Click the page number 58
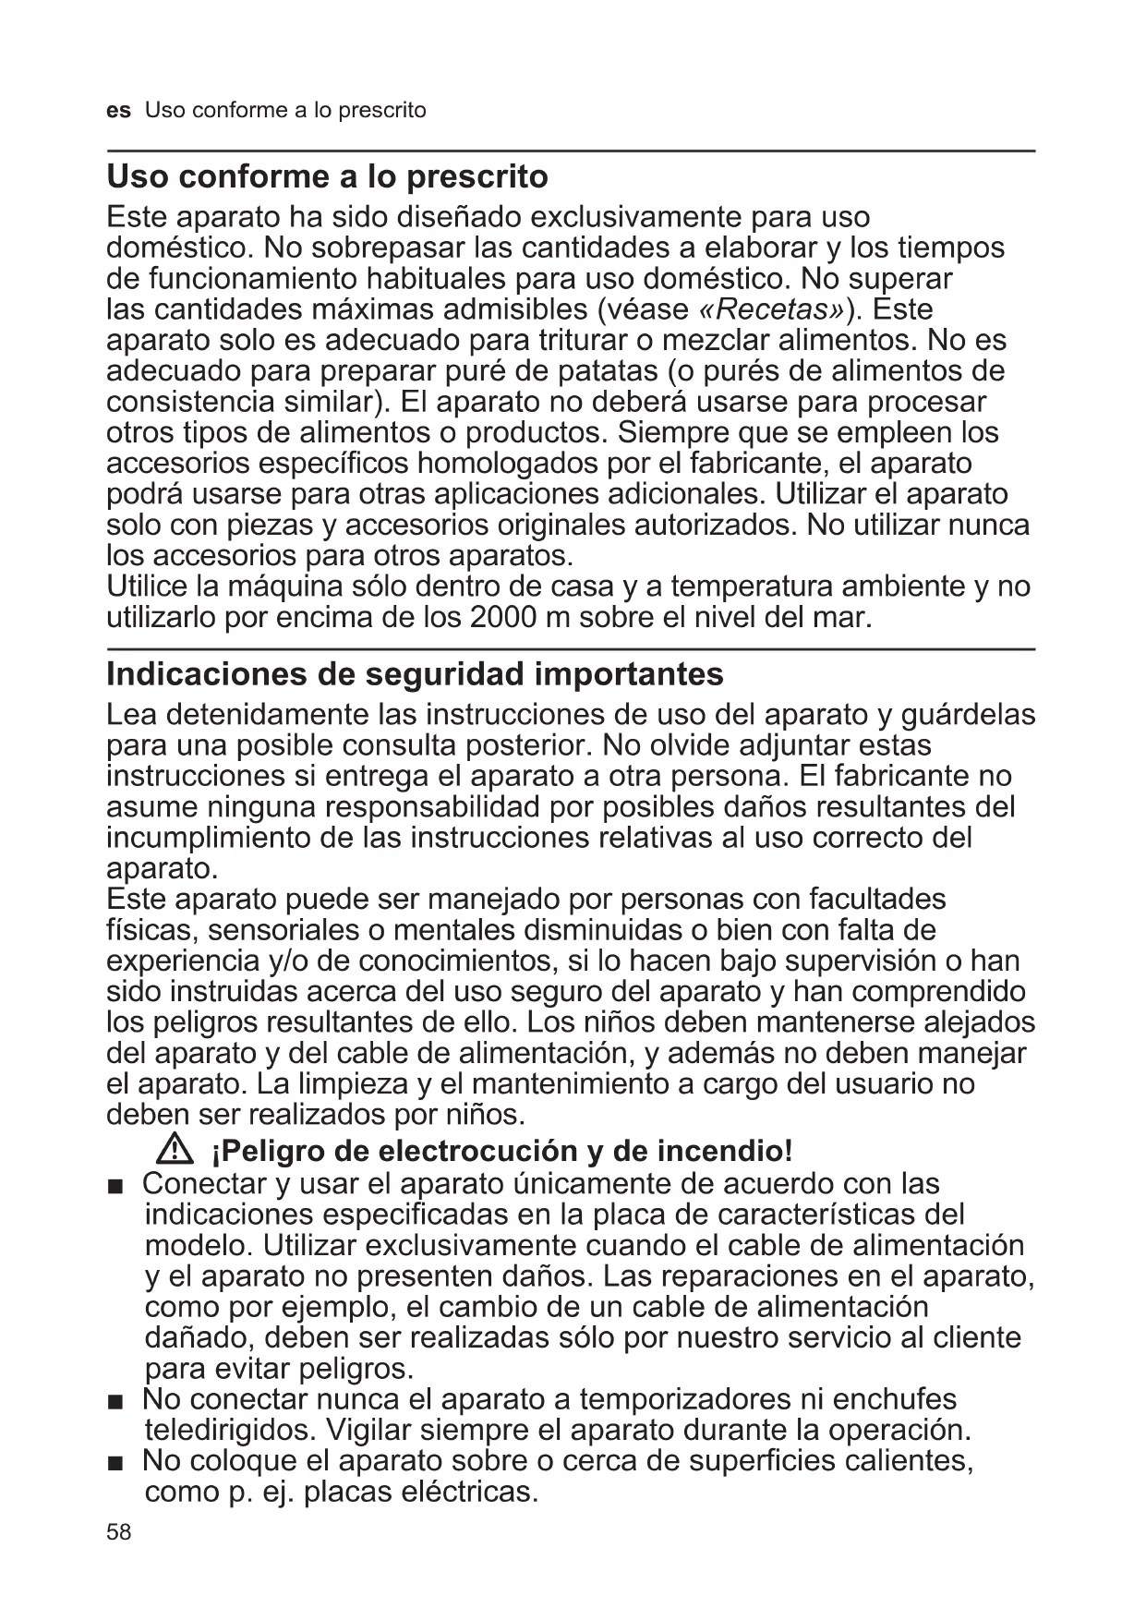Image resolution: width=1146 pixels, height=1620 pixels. coord(119,1532)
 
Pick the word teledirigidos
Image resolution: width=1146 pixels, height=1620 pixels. coord(231,1430)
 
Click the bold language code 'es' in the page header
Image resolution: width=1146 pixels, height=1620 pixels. coord(118,111)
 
